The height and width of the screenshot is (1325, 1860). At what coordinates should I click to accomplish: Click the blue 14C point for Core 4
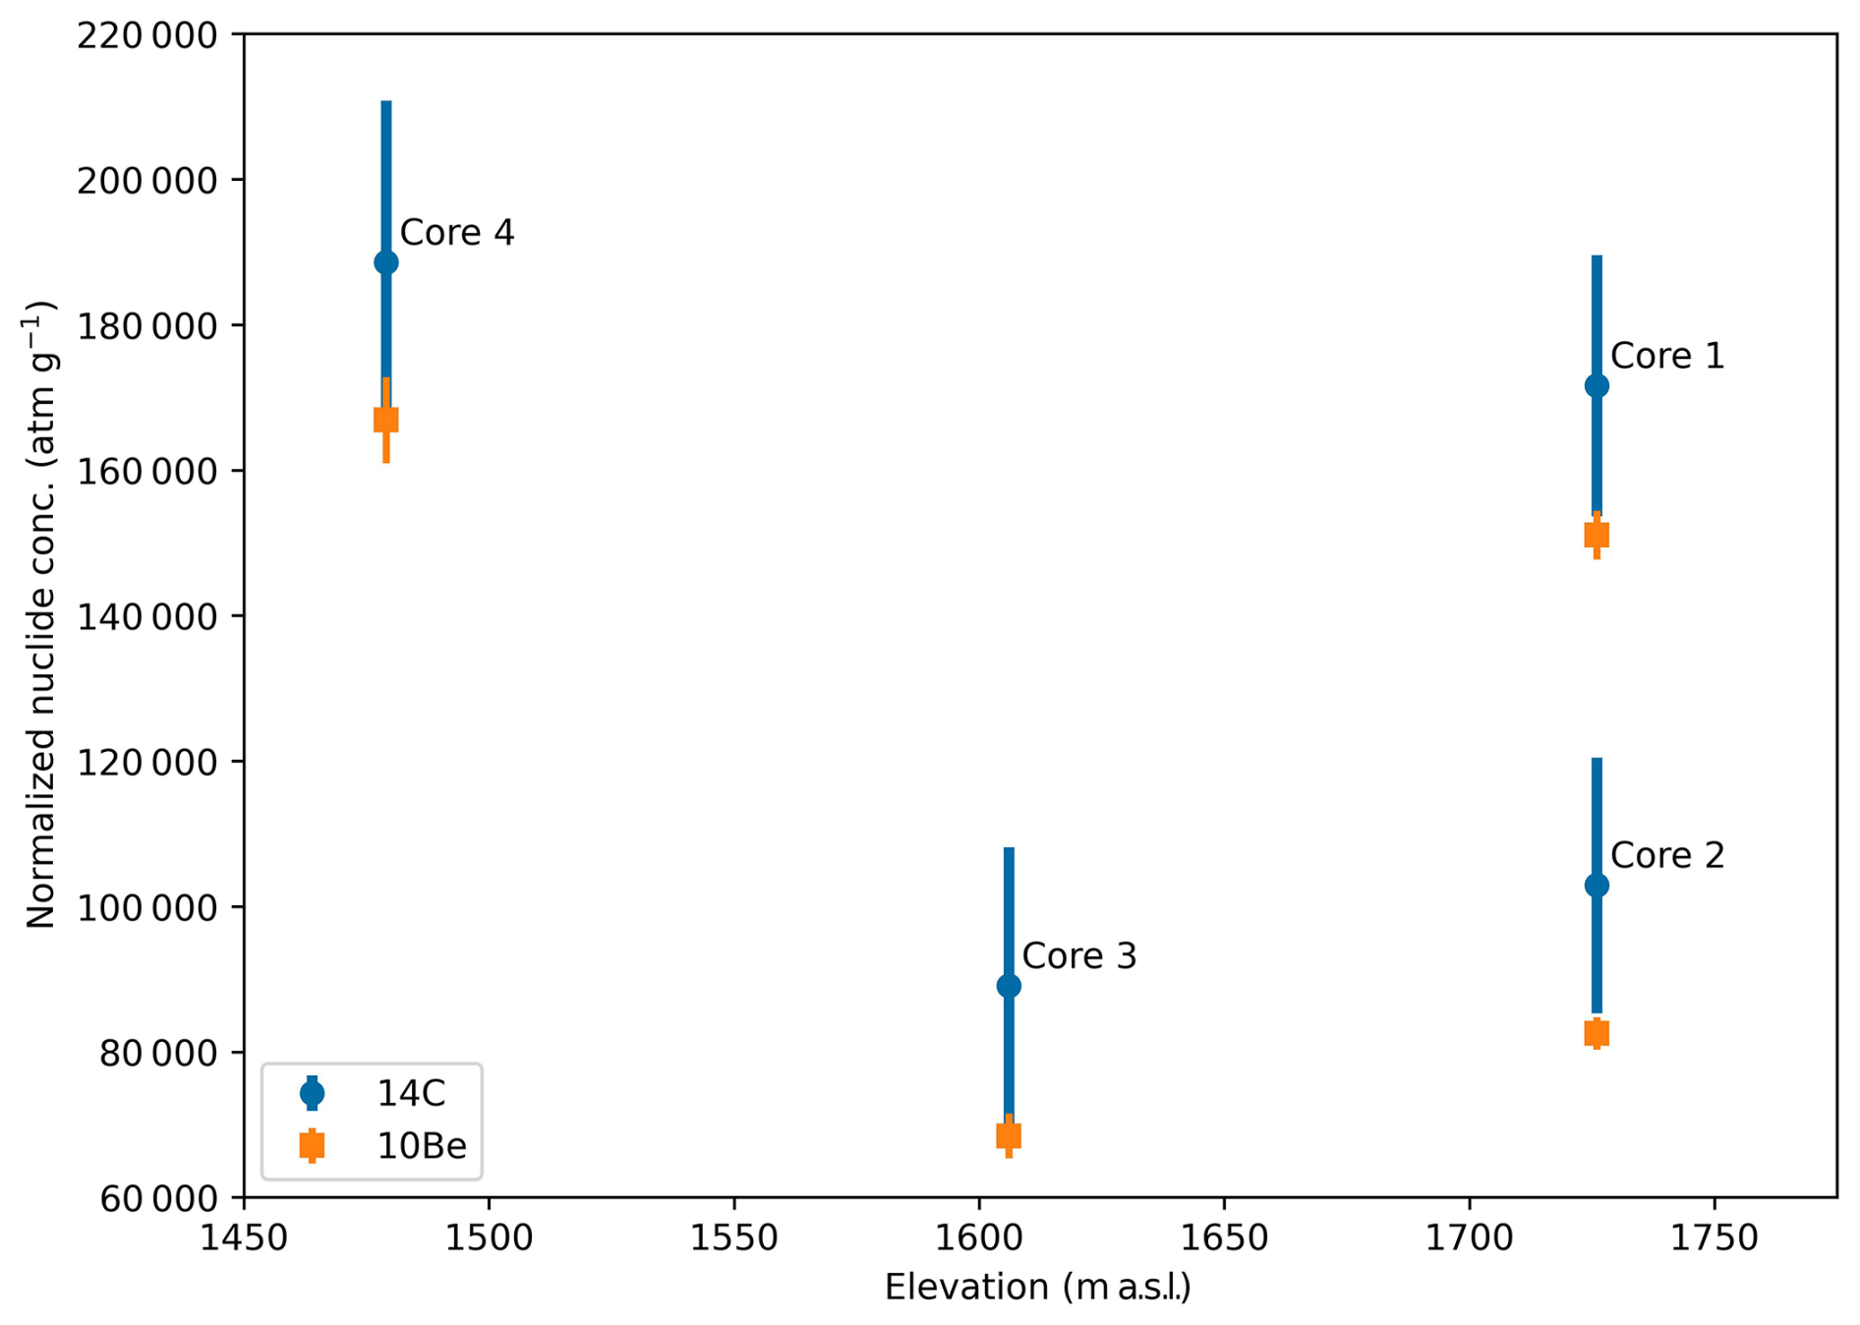pos(386,262)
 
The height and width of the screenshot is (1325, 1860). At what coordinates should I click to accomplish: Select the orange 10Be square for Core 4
pos(386,420)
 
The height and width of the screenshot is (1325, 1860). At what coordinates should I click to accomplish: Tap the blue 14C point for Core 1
pos(1597,385)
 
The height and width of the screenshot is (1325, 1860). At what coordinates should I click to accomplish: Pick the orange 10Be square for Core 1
pos(1597,535)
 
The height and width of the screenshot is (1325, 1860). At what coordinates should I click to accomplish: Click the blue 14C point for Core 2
pos(1597,886)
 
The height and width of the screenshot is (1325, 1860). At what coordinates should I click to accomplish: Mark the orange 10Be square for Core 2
pos(1597,1033)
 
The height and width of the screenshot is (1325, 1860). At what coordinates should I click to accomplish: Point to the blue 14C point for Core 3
pos(1009,986)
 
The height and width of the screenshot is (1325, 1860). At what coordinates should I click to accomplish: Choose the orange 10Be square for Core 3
pos(1009,1136)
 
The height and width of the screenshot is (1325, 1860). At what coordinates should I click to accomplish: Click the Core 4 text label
pos(457,233)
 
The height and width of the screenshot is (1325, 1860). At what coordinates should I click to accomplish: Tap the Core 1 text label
pos(1667,356)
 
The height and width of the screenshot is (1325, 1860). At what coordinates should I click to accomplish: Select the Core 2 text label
pos(1667,855)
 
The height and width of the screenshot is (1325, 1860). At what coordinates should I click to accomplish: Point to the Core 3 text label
pos(1079,956)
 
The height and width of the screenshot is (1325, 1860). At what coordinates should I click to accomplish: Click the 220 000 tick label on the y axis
pos(146,36)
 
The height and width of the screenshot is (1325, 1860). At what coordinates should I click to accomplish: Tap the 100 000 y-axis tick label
pos(146,907)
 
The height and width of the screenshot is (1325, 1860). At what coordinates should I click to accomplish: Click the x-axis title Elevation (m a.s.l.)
pos(1037,1288)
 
